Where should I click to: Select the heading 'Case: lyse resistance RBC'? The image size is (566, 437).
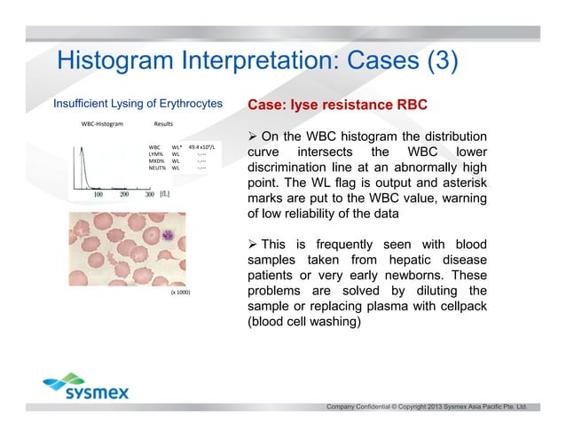coord(337,105)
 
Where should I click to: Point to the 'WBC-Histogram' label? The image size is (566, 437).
coord(101,124)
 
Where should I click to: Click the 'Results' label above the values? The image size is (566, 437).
coord(163,124)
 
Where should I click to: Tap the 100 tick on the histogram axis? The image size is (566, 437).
coord(97,193)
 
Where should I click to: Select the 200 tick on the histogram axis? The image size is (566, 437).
coord(124,193)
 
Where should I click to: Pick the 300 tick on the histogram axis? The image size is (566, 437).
coord(150,193)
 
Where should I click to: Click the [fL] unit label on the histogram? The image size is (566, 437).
coord(165,193)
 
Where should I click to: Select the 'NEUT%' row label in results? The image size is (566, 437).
coord(158,168)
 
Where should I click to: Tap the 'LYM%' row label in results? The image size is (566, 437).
coord(157,153)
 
